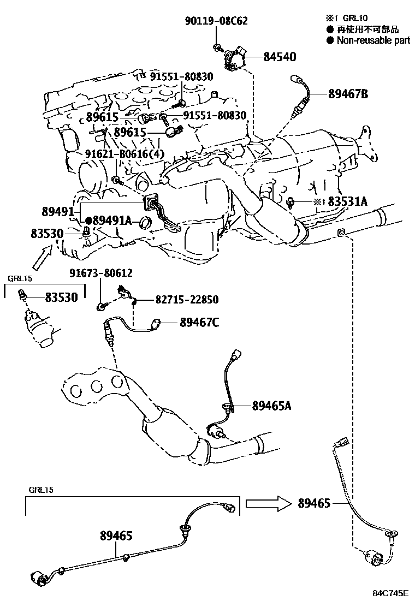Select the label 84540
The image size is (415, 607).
point(280,57)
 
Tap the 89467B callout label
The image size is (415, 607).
point(348,94)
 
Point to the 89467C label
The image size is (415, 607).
point(199,323)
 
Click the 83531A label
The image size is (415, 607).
point(347,202)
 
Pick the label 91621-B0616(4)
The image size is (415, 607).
point(124,154)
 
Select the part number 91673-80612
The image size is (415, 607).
point(100,272)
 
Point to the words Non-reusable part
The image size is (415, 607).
point(373,40)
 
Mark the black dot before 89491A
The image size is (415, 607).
point(88,220)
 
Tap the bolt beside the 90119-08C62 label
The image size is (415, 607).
point(217,46)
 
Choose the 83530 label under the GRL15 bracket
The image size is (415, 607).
point(61,297)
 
